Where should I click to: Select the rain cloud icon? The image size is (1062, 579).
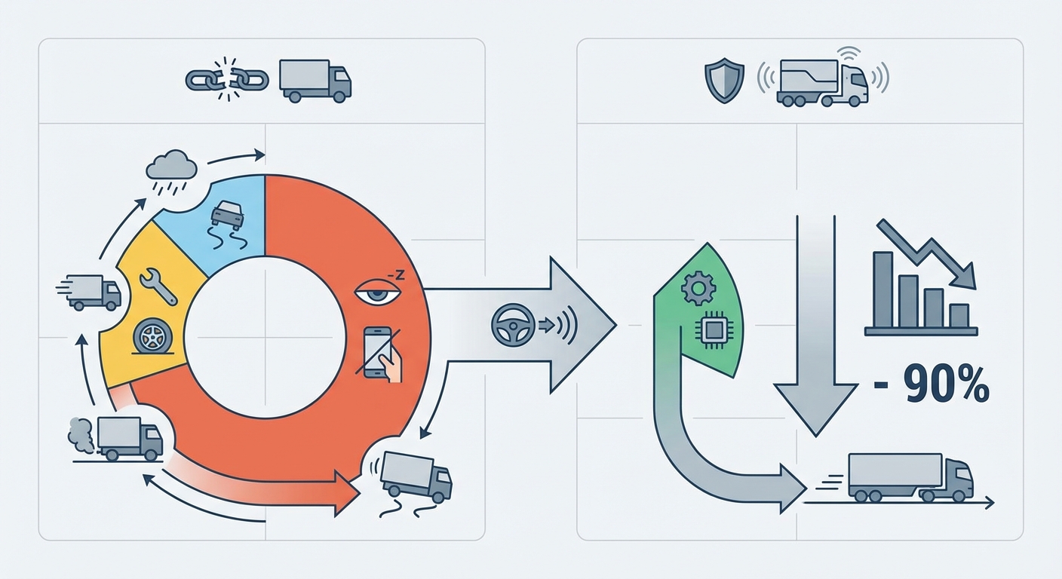(171, 167)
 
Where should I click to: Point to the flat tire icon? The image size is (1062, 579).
(150, 335)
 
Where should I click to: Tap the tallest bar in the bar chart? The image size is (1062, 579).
(882, 289)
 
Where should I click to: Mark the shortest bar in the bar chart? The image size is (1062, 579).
(959, 315)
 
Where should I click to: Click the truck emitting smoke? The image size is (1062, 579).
(129, 437)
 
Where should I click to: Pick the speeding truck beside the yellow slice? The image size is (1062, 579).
(94, 291)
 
